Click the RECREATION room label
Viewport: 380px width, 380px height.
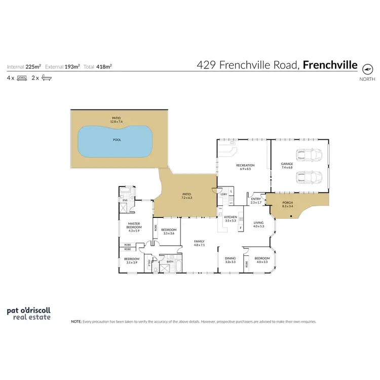(245, 165)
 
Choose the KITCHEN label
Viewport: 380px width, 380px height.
(231, 217)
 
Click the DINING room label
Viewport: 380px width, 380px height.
(231, 258)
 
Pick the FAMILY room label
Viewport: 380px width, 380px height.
(199, 241)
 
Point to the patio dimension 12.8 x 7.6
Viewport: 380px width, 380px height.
(117, 122)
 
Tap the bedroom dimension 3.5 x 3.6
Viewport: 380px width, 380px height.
(168, 233)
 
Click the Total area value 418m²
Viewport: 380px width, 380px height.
(104, 66)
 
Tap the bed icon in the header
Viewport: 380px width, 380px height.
(22, 78)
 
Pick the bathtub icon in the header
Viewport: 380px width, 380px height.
(47, 78)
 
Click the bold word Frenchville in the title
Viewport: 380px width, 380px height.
(330, 65)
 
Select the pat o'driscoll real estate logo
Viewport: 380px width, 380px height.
(28, 313)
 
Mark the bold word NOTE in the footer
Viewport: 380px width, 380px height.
(76, 321)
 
